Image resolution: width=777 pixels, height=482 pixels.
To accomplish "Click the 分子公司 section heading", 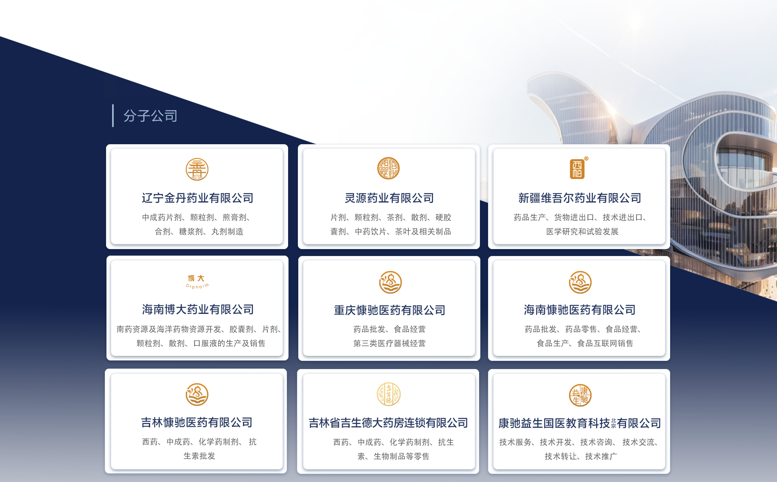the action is click(150, 116).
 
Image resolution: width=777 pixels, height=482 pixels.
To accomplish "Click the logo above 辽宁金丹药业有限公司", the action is click(197, 169).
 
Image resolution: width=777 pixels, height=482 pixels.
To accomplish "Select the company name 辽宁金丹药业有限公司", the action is click(197, 198).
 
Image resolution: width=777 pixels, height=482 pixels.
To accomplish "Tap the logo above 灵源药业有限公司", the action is click(388, 168).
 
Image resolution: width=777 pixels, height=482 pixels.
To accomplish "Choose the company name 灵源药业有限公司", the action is click(389, 198).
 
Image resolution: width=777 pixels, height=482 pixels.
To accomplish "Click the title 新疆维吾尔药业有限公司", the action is click(580, 198).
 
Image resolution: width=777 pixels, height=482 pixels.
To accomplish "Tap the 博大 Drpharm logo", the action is click(197, 282).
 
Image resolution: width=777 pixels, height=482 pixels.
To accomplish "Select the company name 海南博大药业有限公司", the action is click(197, 309).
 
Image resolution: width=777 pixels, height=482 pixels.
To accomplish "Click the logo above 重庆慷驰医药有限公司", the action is click(390, 282).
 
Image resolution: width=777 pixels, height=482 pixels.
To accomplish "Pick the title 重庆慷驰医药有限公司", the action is click(389, 310).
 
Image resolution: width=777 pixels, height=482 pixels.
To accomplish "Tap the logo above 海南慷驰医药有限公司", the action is click(580, 282).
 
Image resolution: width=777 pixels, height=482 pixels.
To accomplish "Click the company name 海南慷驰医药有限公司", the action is click(580, 310).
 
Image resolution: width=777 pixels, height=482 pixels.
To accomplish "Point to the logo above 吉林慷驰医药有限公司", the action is click(197, 395).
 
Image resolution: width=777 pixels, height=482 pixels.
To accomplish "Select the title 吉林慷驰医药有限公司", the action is click(197, 422).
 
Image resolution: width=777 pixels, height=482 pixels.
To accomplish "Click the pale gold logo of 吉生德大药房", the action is click(388, 394).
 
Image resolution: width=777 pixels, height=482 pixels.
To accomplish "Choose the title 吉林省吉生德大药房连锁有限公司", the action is click(388, 423).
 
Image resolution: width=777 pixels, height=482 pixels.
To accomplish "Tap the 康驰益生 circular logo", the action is click(580, 395).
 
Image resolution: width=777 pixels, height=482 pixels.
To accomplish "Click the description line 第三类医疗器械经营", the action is click(389, 343).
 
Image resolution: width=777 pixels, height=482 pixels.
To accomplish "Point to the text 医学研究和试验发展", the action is click(582, 232).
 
